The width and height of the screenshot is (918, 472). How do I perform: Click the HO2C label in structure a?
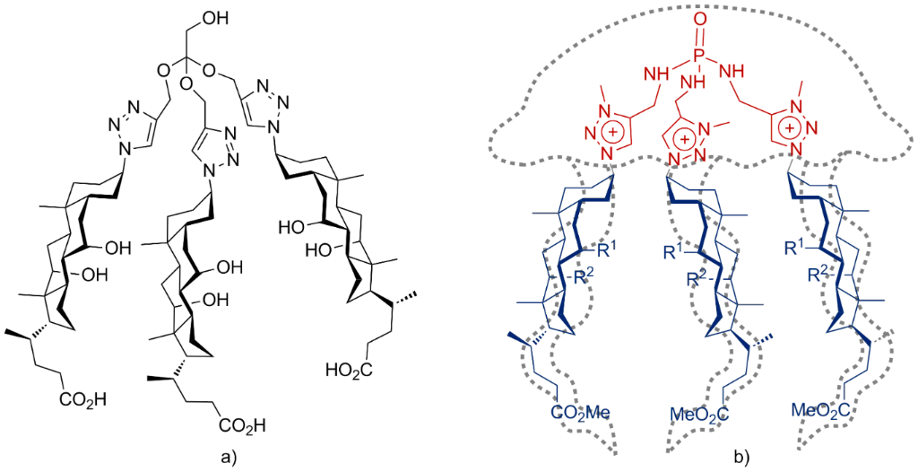pyautogui.click(x=351, y=369)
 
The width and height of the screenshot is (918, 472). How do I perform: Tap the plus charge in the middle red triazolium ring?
pyautogui.click(x=683, y=140)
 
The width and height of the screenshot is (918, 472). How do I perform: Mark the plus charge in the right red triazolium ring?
pyautogui.click(x=790, y=128)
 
